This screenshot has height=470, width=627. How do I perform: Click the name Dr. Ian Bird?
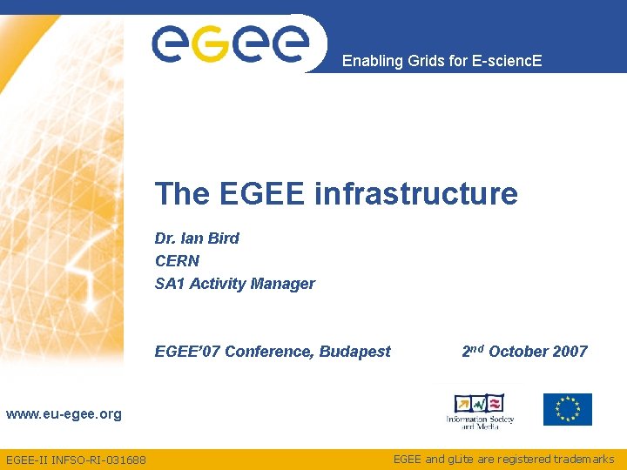click(x=197, y=238)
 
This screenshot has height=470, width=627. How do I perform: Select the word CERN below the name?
click(x=178, y=261)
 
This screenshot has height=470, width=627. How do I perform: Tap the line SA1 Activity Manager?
click(x=235, y=284)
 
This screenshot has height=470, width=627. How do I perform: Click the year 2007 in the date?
click(x=570, y=352)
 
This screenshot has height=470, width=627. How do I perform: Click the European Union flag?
click(x=568, y=409)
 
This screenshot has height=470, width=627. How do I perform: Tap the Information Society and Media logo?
click(x=480, y=410)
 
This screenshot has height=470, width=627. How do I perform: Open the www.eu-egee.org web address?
click(x=64, y=414)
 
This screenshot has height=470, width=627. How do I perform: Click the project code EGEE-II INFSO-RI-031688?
click(x=76, y=460)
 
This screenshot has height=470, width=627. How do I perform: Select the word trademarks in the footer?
click(x=582, y=459)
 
